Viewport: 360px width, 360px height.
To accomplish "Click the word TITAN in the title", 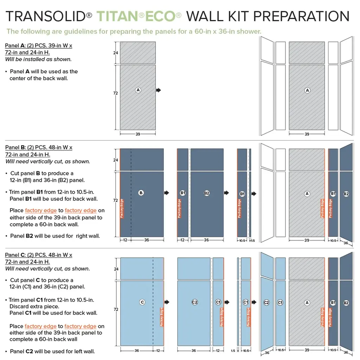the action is pyautogui.click(x=117, y=17).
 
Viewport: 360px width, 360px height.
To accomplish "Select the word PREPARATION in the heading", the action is pyautogui.click(x=301, y=17).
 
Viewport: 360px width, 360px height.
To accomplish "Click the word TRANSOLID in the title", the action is pyautogui.click(x=46, y=17).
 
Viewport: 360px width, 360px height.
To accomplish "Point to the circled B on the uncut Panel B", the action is pyautogui.click(x=141, y=193).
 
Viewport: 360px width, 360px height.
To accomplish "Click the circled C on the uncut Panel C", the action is pyautogui.click(x=142, y=302).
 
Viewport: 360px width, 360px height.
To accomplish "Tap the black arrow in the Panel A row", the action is pyautogui.click(x=159, y=90).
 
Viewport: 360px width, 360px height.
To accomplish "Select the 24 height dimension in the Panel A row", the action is pyautogui.click(x=115, y=53).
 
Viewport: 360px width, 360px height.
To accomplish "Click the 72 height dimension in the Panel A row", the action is pyautogui.click(x=115, y=93).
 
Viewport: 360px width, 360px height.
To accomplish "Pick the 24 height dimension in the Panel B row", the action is pyautogui.click(x=115, y=160).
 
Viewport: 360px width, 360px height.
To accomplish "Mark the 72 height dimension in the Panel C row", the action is pyautogui.click(x=116, y=309).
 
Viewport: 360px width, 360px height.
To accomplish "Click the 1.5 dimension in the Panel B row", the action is pyautogui.click(x=253, y=240).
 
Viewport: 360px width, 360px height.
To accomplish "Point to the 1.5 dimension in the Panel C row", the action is pyautogui.click(x=233, y=351).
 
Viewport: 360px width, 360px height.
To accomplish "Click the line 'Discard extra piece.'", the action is pyautogui.click(x=34, y=306).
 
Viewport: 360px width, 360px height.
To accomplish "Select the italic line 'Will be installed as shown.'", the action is pyautogui.click(x=38, y=59).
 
